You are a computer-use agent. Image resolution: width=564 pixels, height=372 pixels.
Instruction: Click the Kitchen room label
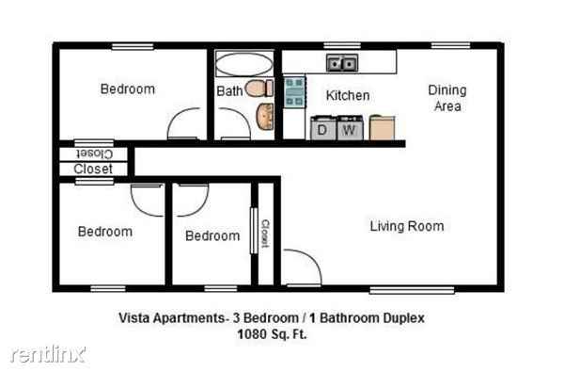point(347,95)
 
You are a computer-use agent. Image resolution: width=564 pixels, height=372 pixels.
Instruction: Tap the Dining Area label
point(446,98)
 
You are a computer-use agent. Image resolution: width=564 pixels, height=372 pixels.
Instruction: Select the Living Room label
point(406,226)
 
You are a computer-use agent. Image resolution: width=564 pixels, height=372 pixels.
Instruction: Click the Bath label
point(229,91)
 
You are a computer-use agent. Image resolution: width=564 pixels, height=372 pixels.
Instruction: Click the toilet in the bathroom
point(258,89)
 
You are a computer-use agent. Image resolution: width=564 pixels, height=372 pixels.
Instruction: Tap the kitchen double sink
point(340,64)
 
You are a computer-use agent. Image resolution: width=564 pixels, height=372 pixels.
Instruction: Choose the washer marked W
point(350,128)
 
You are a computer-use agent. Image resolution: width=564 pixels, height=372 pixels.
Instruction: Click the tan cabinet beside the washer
point(381,127)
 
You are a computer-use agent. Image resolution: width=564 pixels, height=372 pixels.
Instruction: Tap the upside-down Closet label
point(94,153)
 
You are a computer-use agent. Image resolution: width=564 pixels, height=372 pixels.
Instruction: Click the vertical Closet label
point(265,233)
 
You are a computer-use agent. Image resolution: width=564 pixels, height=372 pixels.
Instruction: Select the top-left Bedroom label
point(127,89)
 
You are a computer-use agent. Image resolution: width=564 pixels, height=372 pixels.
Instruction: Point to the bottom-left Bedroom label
point(104,231)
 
